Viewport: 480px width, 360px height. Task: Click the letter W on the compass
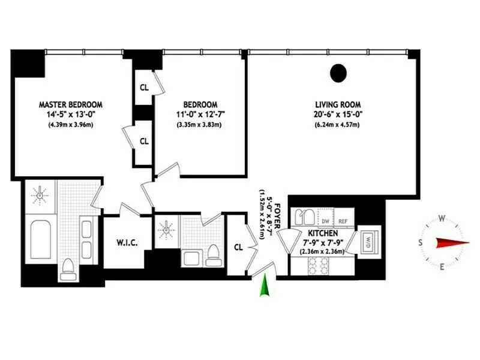coord(442,218)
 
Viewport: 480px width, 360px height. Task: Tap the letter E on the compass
coord(442,267)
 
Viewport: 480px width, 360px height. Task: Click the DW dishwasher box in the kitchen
coord(326,220)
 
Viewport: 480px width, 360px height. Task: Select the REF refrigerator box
coord(344,220)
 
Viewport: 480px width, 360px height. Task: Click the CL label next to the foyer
coord(238,246)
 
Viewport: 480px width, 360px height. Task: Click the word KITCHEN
coord(323,233)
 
